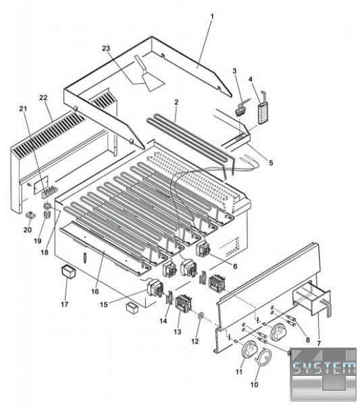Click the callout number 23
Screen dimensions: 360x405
coord(106,49)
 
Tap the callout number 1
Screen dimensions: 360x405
coord(212,17)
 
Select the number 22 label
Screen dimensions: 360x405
coord(43,98)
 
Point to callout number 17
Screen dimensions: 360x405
coord(65,304)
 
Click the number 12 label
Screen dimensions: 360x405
coord(195,341)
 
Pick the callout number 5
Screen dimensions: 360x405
coord(271,163)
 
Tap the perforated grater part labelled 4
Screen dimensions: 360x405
coord(263,109)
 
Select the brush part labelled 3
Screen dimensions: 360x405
coord(242,107)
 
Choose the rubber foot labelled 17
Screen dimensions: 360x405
coord(68,273)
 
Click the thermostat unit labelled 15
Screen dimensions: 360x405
coord(155,288)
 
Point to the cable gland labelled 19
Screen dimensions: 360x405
coord(46,214)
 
